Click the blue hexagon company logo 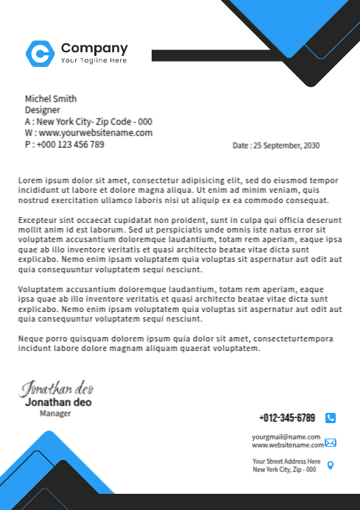tap(40, 52)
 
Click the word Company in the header tap(94, 49)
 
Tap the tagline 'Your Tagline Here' tap(93, 60)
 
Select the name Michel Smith tap(51, 99)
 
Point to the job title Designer tap(43, 110)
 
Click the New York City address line tap(88, 122)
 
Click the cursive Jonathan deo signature tap(57, 388)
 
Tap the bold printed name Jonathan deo tap(58, 403)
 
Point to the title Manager tap(55, 414)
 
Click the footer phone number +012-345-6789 tap(287, 418)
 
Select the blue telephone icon tap(331, 418)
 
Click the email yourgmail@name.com tap(286, 437)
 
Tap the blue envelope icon tap(331, 442)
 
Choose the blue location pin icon tap(331, 465)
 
